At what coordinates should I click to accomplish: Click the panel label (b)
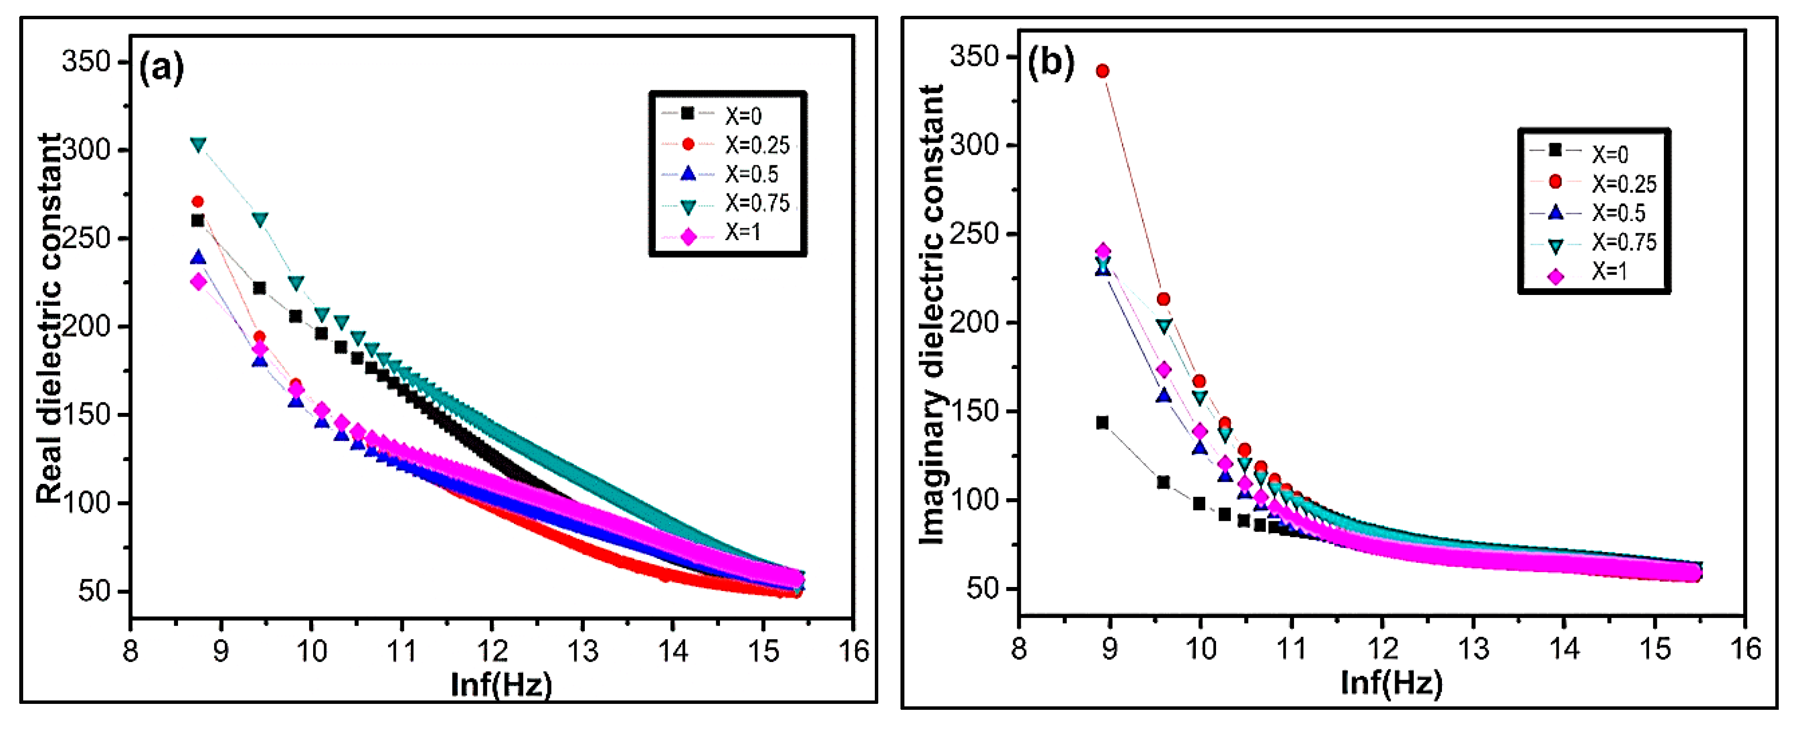coord(1050,62)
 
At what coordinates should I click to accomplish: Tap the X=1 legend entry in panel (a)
coord(725,234)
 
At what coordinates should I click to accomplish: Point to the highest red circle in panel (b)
coord(1102,71)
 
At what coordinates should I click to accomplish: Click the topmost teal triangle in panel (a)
coord(199,145)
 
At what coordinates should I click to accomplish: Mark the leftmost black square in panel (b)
coord(1102,423)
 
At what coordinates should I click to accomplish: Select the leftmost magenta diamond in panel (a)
coord(199,282)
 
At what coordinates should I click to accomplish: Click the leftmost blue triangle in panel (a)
coord(199,258)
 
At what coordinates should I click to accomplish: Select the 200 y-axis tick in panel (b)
coord(974,323)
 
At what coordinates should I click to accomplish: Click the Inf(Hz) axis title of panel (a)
coord(501,685)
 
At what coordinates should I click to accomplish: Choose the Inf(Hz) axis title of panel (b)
coord(1391,682)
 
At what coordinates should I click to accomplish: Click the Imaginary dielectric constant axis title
coord(932,314)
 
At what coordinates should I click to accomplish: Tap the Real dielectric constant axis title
coord(49,318)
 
